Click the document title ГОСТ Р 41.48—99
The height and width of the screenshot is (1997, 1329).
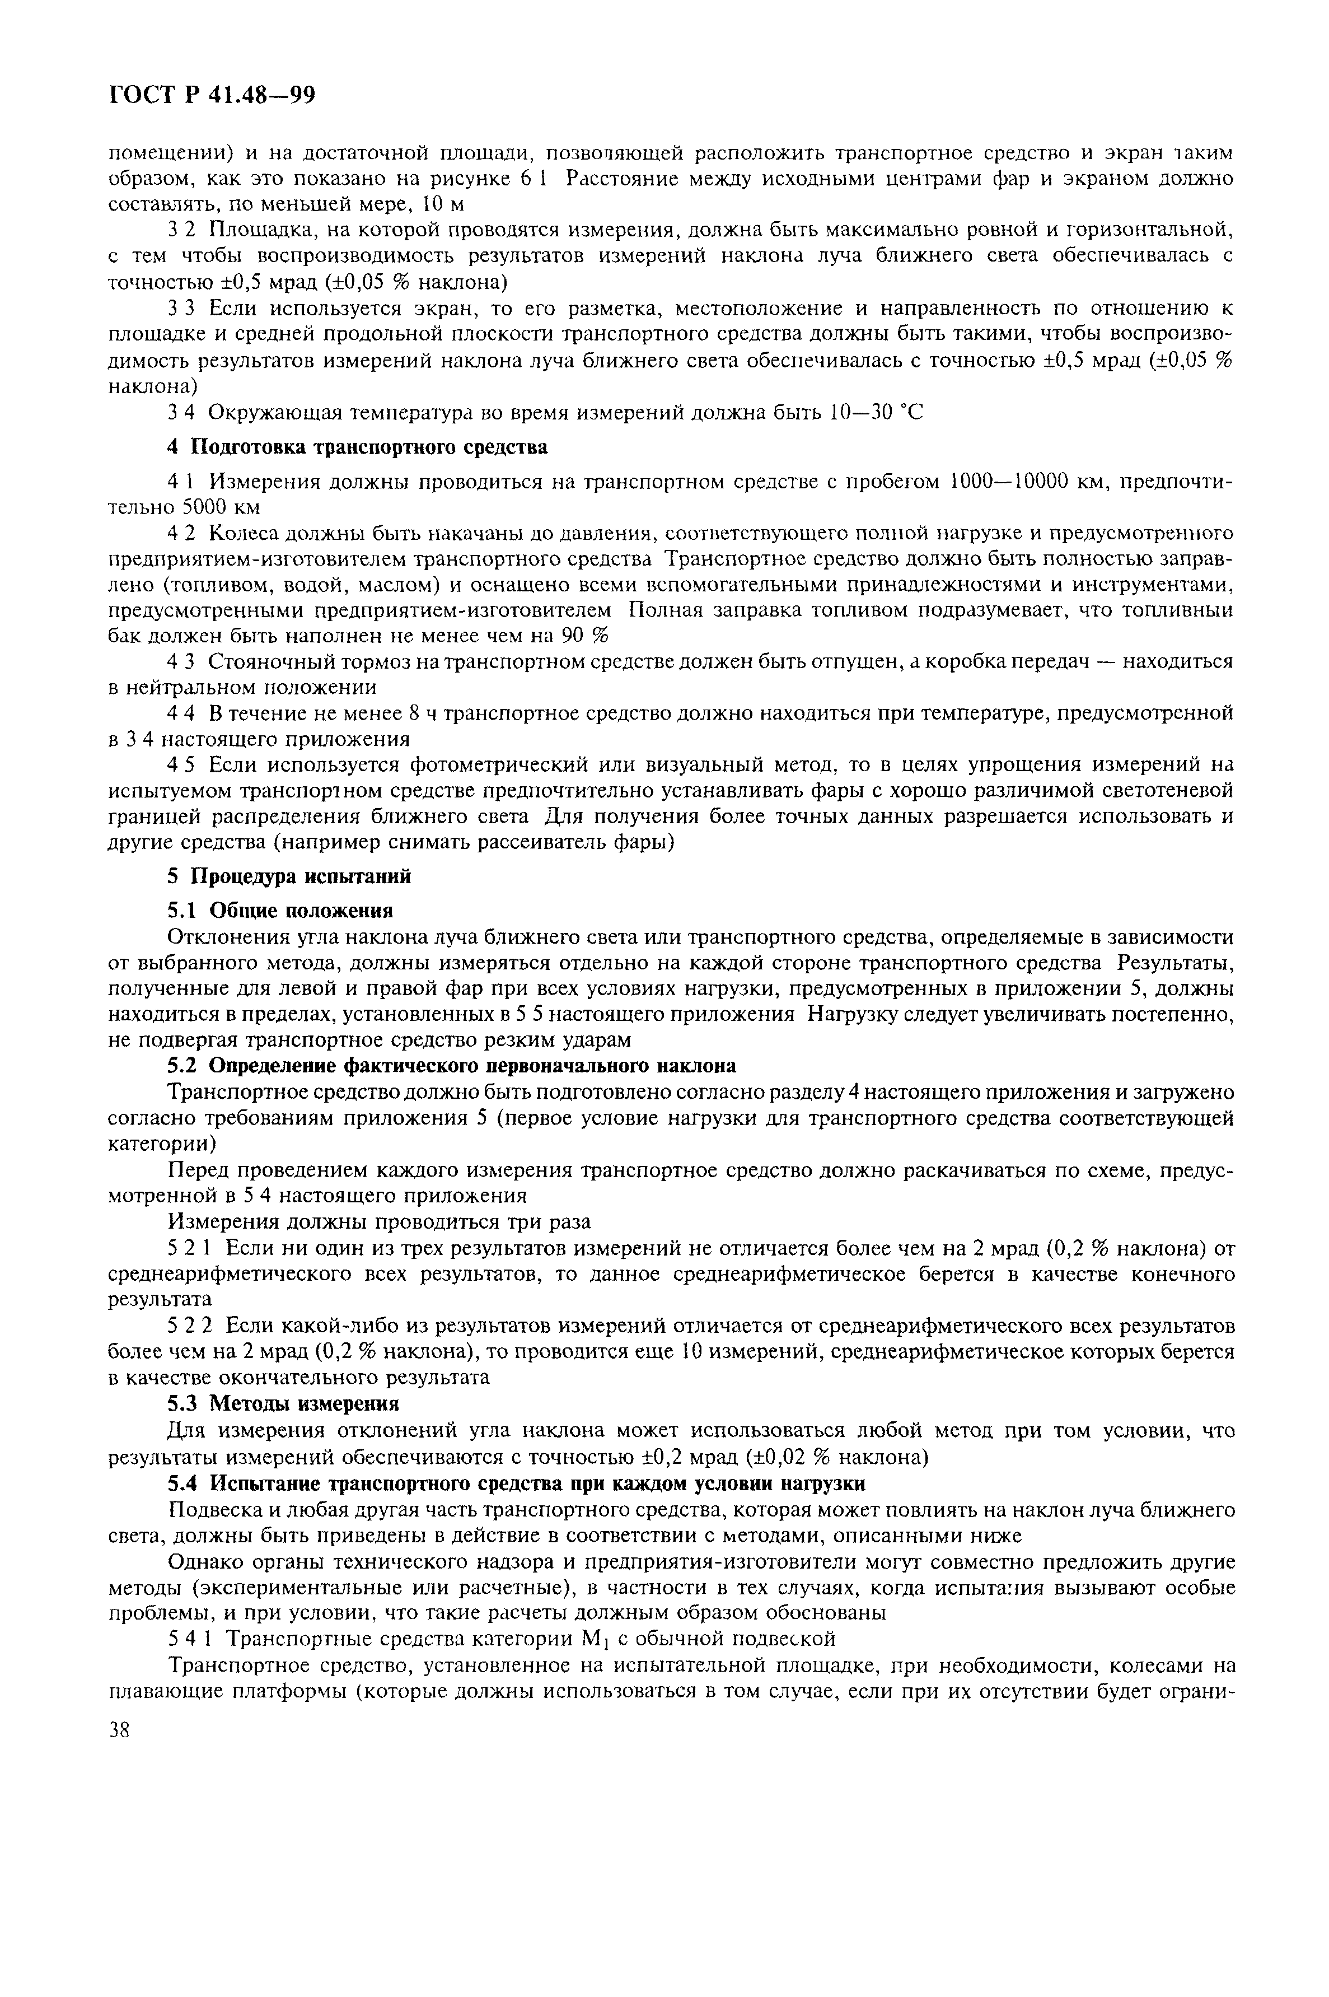[x=212, y=96]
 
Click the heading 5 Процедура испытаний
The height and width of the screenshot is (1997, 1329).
[x=288, y=876]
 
